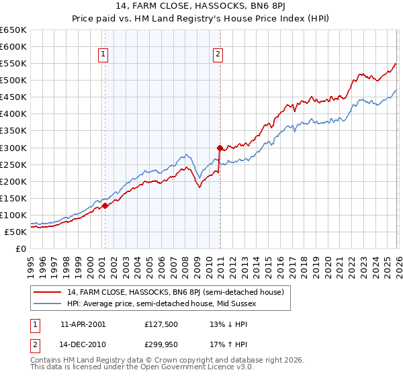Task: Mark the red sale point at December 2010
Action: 219,148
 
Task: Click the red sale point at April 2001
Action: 105,206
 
